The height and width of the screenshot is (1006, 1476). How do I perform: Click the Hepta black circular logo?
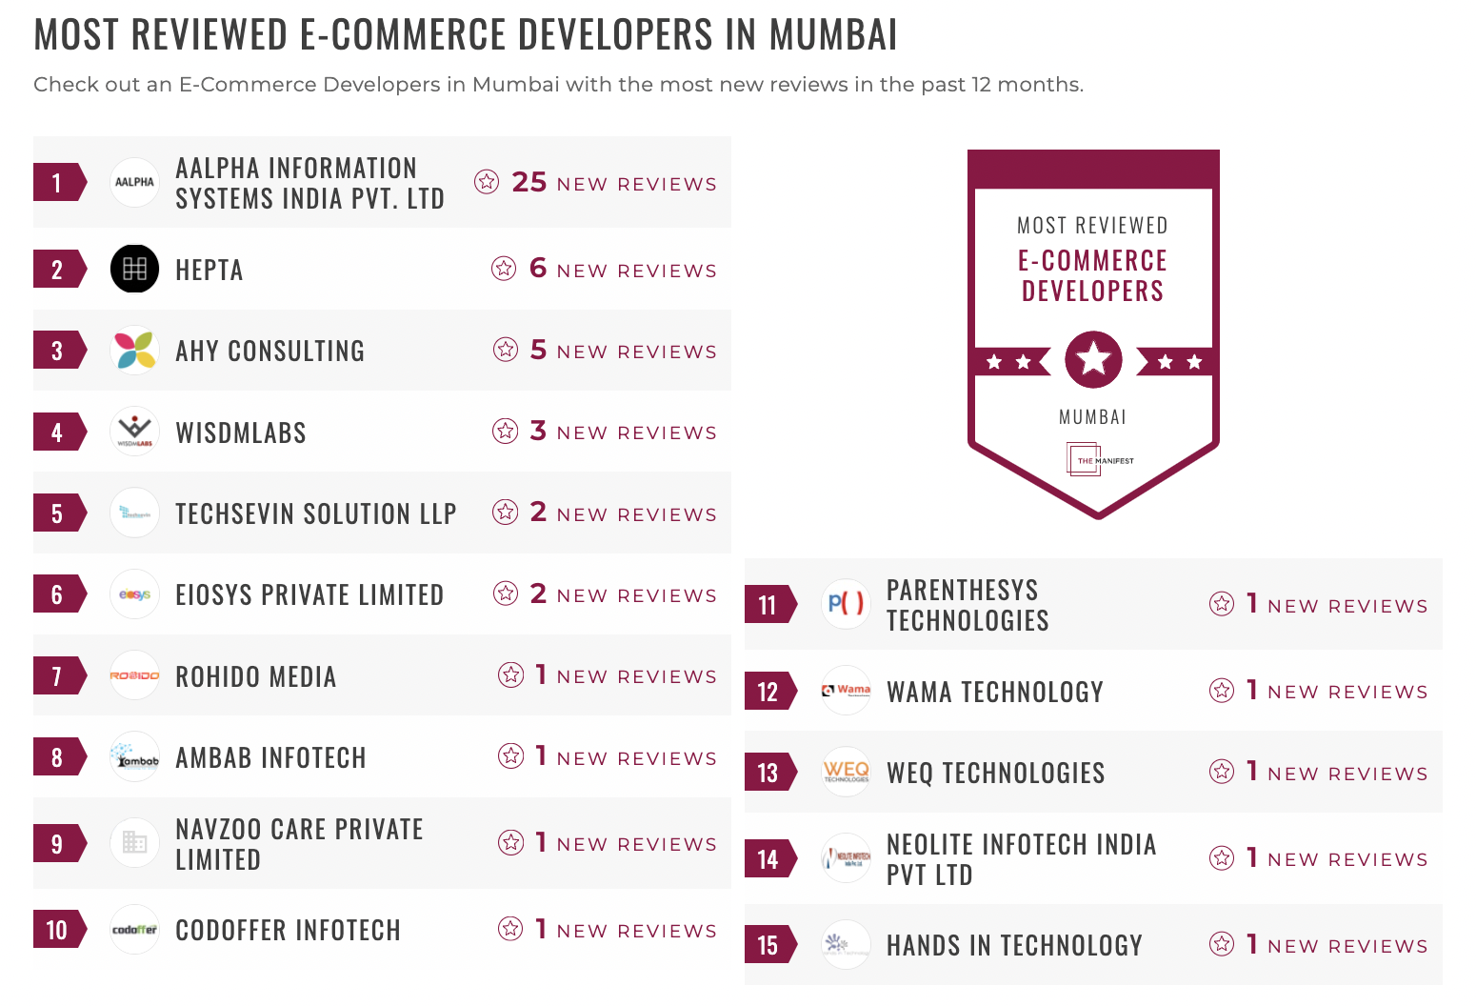pyautogui.click(x=134, y=269)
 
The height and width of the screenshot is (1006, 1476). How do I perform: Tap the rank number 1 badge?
pyautogui.click(x=57, y=183)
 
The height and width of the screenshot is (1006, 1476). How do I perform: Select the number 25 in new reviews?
pyautogui.click(x=529, y=182)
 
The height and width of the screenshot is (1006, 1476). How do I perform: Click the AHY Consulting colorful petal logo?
pyautogui.click(x=134, y=350)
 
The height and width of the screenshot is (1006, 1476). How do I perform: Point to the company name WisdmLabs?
pyautogui.click(x=241, y=433)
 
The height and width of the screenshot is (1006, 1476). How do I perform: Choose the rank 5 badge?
pyautogui.click(x=57, y=513)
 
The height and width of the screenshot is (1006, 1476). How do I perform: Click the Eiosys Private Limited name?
pyautogui.click(x=309, y=594)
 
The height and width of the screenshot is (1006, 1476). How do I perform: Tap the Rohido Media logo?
pyautogui.click(x=134, y=675)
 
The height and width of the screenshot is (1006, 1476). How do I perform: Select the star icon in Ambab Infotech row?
pyautogui.click(x=511, y=756)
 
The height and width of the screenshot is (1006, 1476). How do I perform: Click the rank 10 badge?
pyautogui.click(x=57, y=930)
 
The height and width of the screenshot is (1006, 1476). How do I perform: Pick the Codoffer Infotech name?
pyautogui.click(x=288, y=930)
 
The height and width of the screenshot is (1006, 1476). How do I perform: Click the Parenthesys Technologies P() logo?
pyautogui.click(x=846, y=603)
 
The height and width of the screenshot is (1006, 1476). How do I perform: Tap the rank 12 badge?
pyautogui.click(x=768, y=692)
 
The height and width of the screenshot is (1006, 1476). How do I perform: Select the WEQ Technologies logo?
pyautogui.click(x=846, y=772)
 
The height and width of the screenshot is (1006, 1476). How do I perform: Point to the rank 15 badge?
pyautogui.click(x=768, y=945)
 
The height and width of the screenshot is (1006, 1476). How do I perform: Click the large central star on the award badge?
pyautogui.click(x=1093, y=359)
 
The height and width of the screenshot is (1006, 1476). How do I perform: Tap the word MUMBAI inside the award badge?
pyautogui.click(x=1092, y=417)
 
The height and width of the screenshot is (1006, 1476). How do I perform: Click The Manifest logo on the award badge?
pyautogui.click(x=1093, y=460)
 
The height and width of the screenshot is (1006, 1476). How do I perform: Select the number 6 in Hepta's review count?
pyautogui.click(x=538, y=269)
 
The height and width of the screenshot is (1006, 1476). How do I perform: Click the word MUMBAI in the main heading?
pyautogui.click(x=833, y=35)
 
